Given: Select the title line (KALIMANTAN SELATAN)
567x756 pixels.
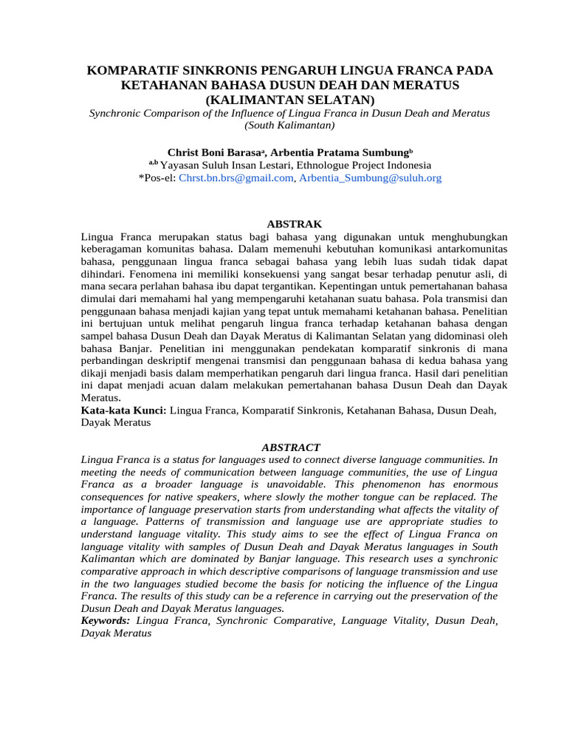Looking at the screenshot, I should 290,99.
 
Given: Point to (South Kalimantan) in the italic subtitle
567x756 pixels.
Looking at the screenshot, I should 290,126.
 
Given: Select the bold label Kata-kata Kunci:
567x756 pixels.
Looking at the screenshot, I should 123,410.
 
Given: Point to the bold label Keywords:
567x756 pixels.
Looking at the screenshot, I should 106,621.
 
